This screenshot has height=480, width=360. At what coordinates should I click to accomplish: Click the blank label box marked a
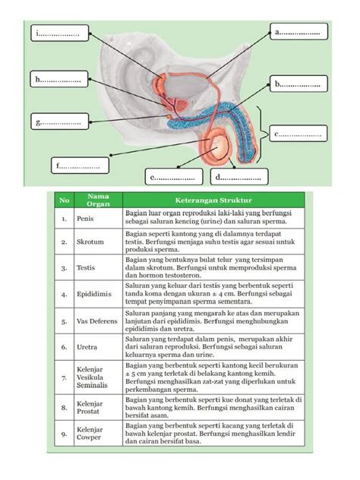click(300, 32)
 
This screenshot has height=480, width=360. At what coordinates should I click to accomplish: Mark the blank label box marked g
click(58, 122)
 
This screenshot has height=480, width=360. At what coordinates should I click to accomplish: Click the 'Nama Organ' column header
click(94, 200)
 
